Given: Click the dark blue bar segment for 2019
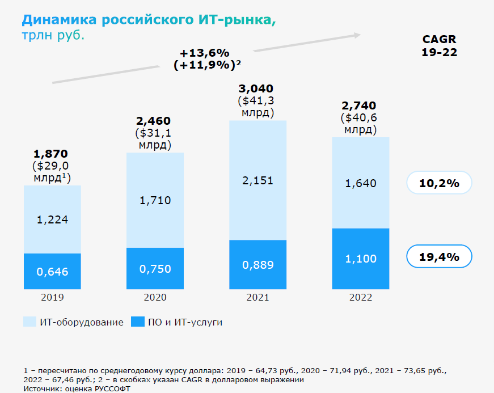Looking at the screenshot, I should pos(52,271).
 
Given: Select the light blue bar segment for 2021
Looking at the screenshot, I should pos(257,180).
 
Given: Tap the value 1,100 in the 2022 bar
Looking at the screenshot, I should pos(360,259).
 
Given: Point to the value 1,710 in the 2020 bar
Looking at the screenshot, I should pos(155,200).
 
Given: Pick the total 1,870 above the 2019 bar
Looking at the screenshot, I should pos(51,153).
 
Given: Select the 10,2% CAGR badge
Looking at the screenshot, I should pos(439,183).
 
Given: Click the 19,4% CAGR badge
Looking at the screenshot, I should pos(439,257).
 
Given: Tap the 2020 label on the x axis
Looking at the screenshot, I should pos(155,297).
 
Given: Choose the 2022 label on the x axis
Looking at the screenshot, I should pos(360,297).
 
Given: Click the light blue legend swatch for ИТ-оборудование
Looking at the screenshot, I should pos(29,322).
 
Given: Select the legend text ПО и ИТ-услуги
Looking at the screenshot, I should pos(185,322).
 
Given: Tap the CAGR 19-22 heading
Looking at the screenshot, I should pos(439,45).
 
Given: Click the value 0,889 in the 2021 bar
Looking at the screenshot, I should pos(257,265).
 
